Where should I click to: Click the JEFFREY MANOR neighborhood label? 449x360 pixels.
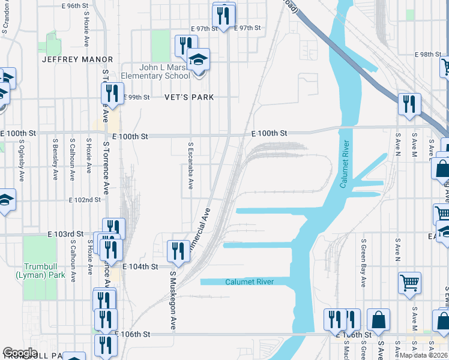point(77,59)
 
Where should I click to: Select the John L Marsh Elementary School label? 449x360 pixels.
point(155,71)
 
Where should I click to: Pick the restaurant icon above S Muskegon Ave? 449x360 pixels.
point(177,250)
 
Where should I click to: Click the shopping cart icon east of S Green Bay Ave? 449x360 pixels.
point(409,282)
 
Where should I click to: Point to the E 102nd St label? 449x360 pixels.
point(85,200)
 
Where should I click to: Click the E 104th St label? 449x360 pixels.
point(140,266)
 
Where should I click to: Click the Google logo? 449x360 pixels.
point(20,353)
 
